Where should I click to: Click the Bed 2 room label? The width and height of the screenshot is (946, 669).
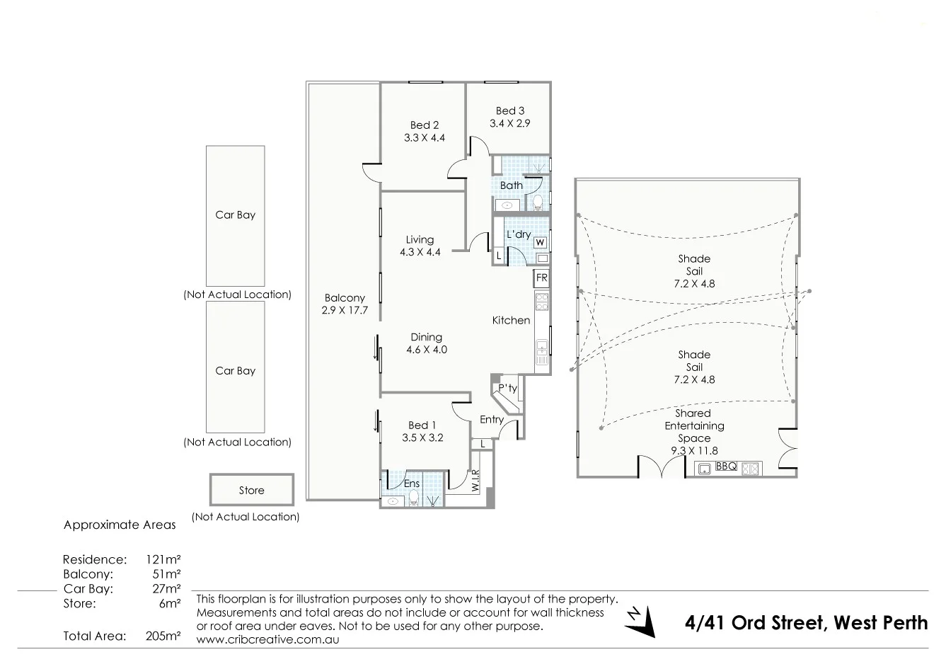pos(424,125)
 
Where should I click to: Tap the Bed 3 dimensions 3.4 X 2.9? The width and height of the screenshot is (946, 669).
pos(509,123)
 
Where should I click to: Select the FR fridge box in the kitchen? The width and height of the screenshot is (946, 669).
pos(541,278)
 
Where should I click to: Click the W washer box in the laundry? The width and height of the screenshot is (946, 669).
pos(540,242)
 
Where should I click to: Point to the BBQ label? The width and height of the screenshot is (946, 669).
pos(726,467)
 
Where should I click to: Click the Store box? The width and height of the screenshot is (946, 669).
pos(251,490)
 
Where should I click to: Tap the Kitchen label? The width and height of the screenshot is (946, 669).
pos(511,321)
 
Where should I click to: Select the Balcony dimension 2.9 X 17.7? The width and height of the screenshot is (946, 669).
pos(345,310)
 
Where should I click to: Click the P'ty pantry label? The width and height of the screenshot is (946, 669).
pos(507,389)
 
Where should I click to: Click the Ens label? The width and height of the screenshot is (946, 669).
pos(412,484)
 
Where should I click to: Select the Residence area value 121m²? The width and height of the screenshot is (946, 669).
pos(163,559)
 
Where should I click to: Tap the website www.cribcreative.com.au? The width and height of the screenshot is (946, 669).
pos(268,639)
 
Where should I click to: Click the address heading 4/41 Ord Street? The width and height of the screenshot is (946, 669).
pos(806,623)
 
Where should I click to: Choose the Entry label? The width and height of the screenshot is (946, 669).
pos(492,420)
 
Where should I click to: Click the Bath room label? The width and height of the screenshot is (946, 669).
pos(511,185)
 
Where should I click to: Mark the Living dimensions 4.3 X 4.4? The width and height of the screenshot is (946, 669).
pos(420,252)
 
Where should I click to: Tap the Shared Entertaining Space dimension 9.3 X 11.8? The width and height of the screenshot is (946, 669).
pos(693,451)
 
